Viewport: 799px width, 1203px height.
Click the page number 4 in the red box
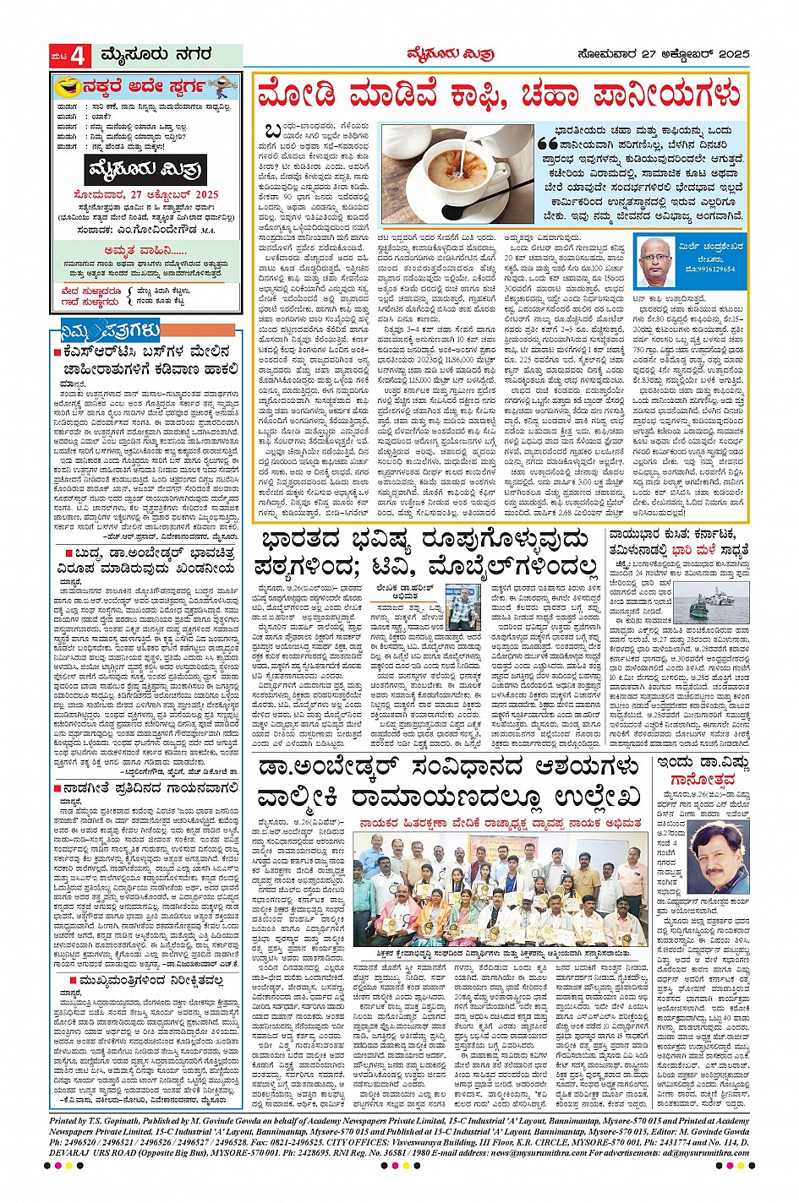(79, 57)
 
